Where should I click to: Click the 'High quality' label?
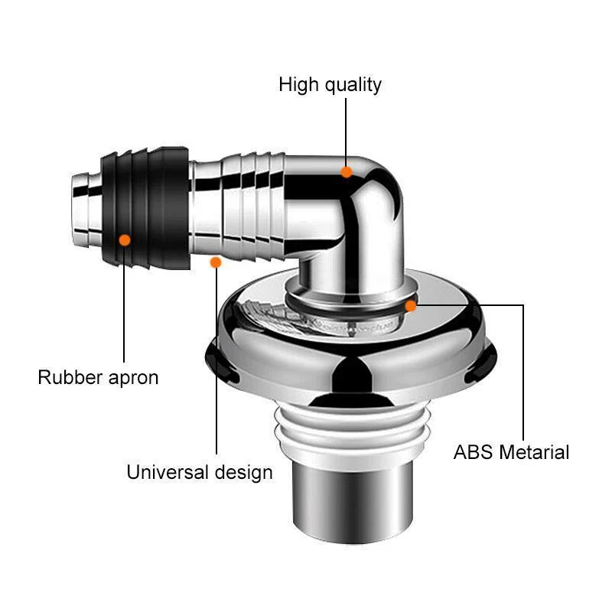[330, 84]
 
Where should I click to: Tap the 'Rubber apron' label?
[99, 377]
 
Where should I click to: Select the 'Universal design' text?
[200, 472]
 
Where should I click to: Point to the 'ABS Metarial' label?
[512, 452]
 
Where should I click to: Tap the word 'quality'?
[352, 84]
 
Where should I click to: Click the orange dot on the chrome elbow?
[347, 172]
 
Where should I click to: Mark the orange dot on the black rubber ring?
[125, 240]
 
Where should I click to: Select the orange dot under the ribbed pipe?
[216, 262]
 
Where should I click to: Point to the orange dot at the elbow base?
[411, 306]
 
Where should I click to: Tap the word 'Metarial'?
[535, 452]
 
